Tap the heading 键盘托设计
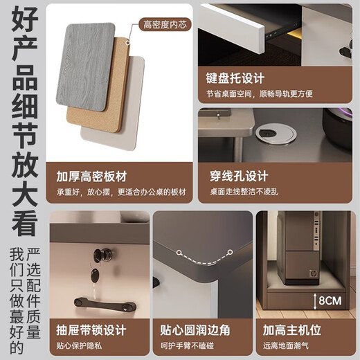(235, 78)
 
